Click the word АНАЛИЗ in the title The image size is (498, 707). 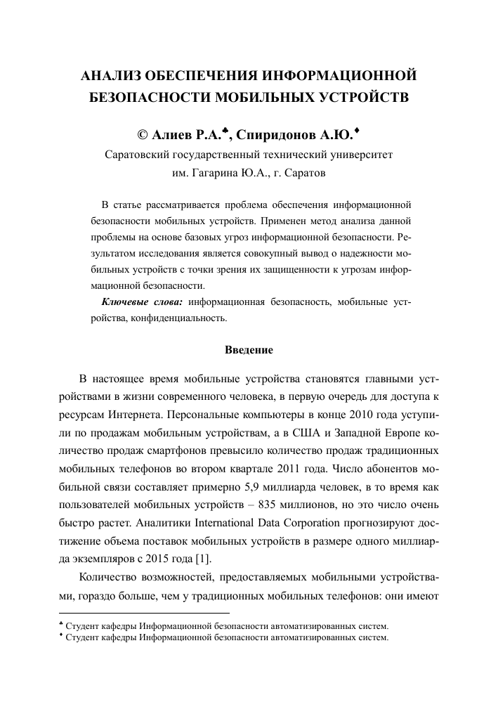tap(116, 75)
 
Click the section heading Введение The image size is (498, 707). tap(249, 349)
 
